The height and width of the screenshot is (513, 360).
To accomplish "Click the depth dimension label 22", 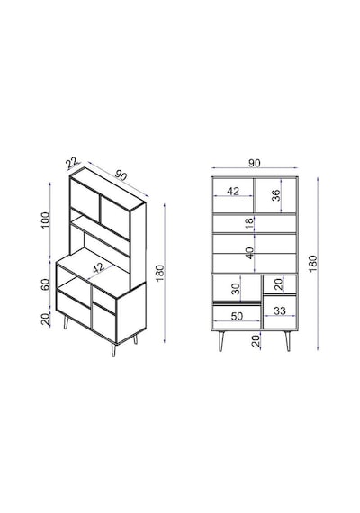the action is pyautogui.click(x=72, y=163).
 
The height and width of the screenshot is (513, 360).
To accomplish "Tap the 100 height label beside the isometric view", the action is pyautogui.click(x=45, y=220).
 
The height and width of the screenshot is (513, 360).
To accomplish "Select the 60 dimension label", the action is pyautogui.click(x=45, y=284).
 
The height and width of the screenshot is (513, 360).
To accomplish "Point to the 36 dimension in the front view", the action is pyautogui.click(x=276, y=195).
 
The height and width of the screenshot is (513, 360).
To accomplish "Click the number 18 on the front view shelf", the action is pyautogui.click(x=249, y=223).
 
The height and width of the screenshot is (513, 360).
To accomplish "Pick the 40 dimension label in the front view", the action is pyautogui.click(x=249, y=253).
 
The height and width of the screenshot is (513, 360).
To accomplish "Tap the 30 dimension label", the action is pyautogui.click(x=236, y=289).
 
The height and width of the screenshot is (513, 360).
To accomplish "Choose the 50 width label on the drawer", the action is pyautogui.click(x=237, y=316).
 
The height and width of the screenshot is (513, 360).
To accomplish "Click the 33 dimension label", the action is pyautogui.click(x=280, y=310).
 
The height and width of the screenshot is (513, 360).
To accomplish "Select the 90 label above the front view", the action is pyautogui.click(x=255, y=163).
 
